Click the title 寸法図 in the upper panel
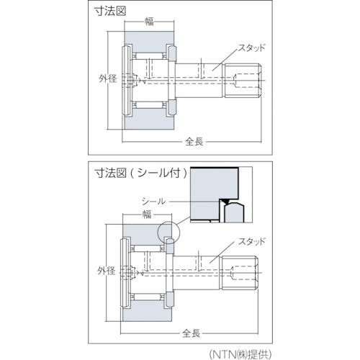[109, 11]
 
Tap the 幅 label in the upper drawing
[149, 22]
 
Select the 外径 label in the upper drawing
[108, 78]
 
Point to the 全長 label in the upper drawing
[194, 142]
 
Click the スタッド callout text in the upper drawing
[252, 48]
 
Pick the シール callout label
[153, 201]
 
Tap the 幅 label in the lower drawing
[147, 214]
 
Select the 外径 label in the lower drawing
[107, 271]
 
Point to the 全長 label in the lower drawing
[192, 333]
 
